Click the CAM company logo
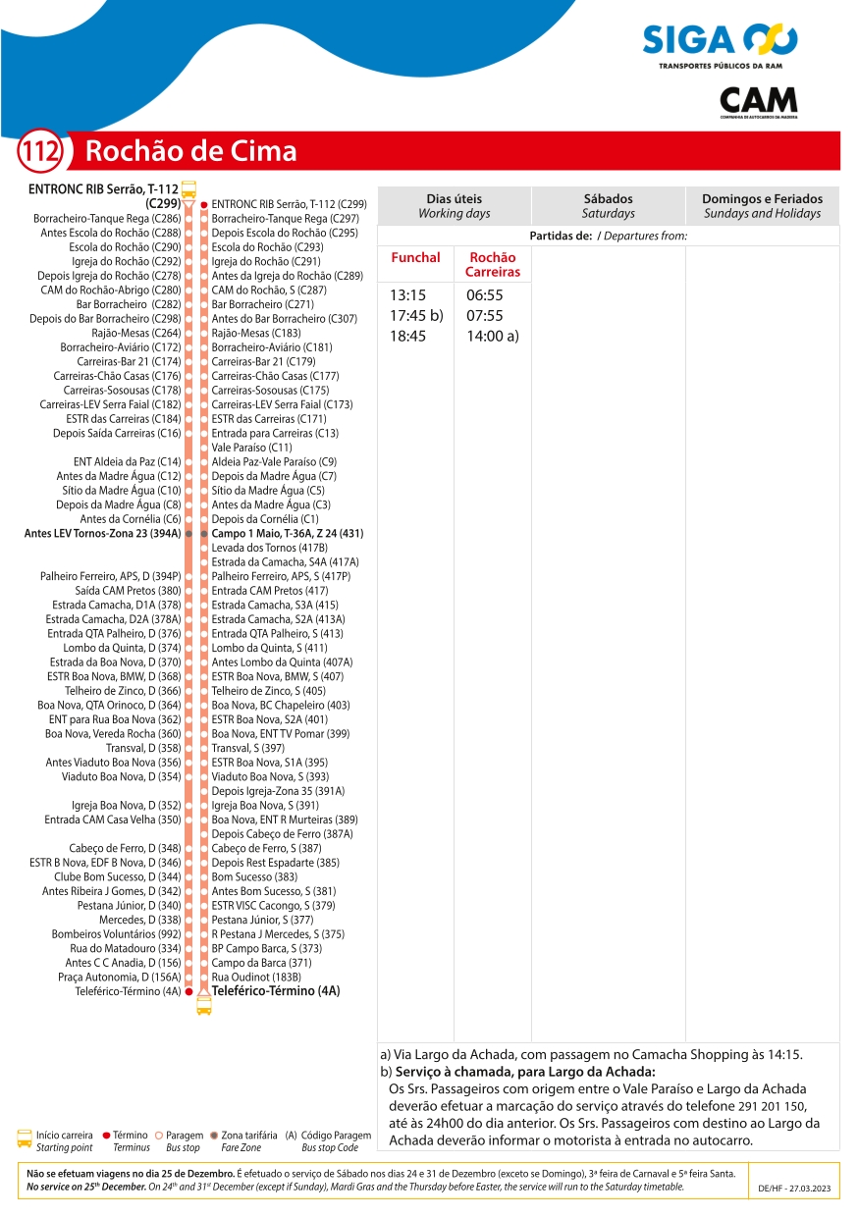pos(758,101)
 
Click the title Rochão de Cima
pos(190,151)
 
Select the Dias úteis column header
pos(454,205)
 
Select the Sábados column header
pos(608,205)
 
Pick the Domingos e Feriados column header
pos(762,205)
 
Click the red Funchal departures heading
pos(415,257)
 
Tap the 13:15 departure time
pos(407,294)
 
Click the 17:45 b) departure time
pos(416,315)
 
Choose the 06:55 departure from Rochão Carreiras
pos(485,294)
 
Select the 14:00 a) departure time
pos(493,336)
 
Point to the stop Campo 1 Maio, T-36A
pos(287,533)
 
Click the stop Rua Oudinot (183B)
pos(255,977)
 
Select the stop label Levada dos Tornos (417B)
pos(269,548)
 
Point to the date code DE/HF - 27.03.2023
pos(794,1188)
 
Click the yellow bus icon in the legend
pos(25,1139)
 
